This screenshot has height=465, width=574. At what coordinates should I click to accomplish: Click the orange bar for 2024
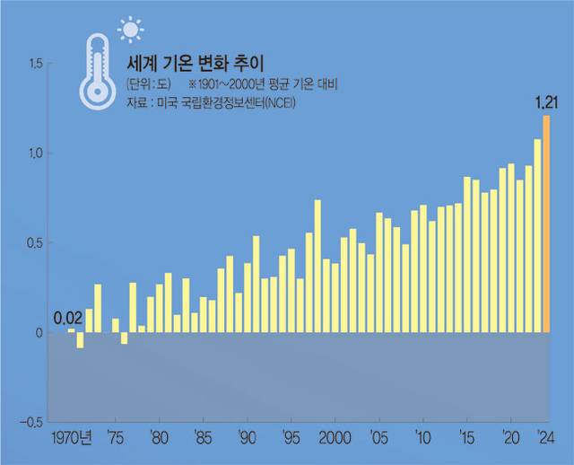point(546,224)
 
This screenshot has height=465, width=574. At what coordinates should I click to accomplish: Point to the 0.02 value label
point(67,317)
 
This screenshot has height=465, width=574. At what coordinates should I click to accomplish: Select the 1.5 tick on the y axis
point(37,64)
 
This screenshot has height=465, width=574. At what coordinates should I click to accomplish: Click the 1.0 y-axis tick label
point(37,154)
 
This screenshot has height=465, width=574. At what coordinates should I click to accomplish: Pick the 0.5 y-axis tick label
point(37,242)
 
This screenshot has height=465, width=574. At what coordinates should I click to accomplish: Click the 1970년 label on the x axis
point(71,439)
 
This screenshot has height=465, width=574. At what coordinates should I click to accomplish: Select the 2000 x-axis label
point(335,439)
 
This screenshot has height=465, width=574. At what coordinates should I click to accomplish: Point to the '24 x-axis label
point(544,439)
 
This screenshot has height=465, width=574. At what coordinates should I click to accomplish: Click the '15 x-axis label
point(466,439)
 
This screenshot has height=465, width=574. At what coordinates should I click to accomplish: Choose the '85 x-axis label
point(204,439)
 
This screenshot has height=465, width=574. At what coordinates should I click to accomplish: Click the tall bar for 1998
point(317,266)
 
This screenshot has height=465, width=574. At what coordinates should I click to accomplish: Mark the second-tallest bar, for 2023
point(537,235)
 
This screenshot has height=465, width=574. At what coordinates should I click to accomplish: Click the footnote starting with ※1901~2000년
point(259,86)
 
